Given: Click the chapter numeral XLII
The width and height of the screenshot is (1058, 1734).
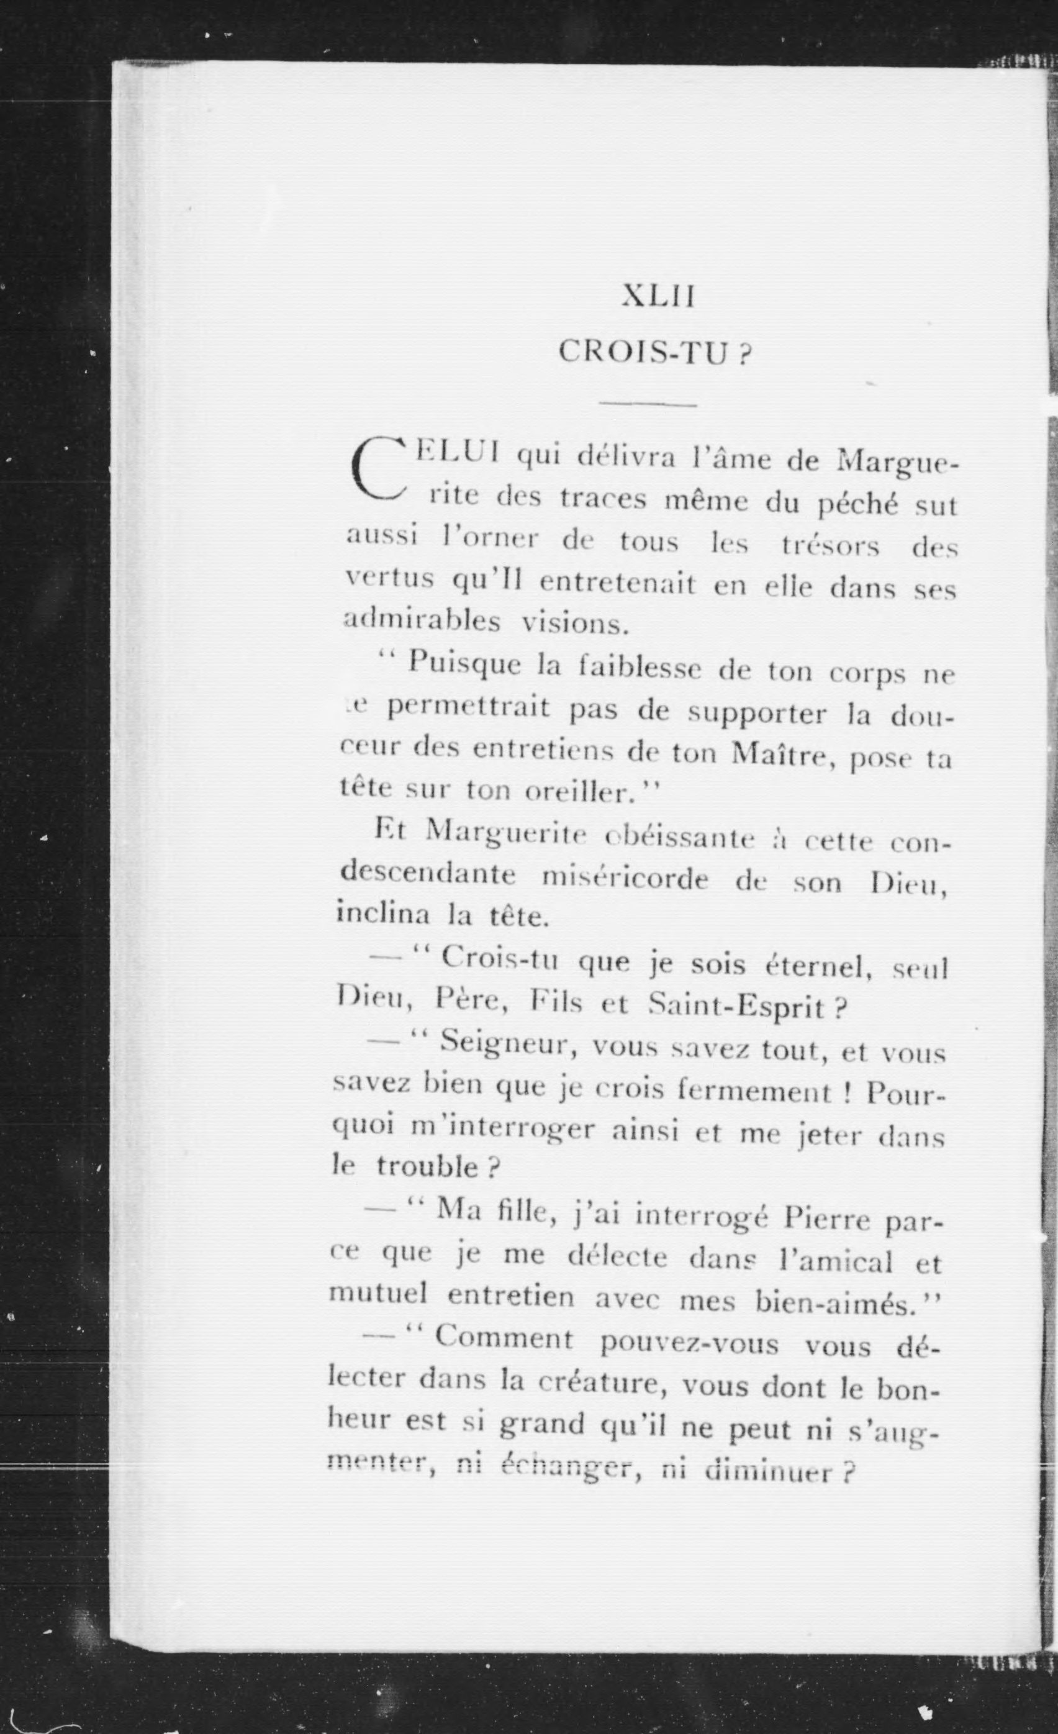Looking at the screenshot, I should point(658,297).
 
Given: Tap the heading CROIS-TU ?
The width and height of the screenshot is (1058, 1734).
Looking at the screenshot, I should point(654,352).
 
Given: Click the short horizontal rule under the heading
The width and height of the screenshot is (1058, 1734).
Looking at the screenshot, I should point(648,406).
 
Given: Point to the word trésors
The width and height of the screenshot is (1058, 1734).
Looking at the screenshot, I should point(830,546).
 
